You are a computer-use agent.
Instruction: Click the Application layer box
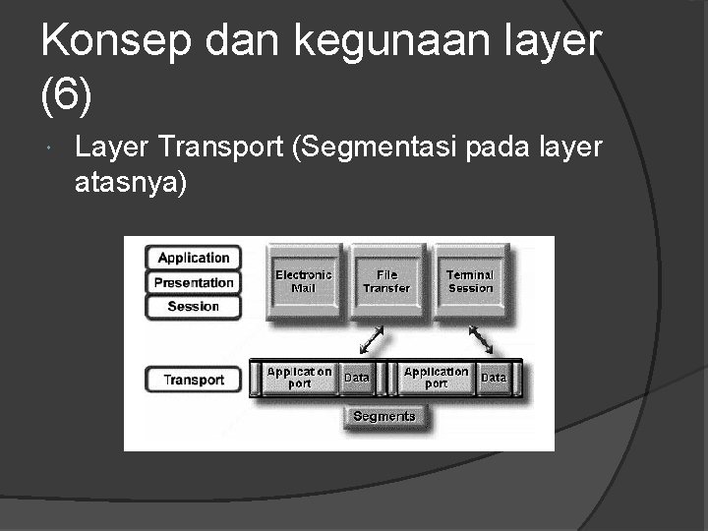(194, 258)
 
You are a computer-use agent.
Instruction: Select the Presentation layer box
(194, 282)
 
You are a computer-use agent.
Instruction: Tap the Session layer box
(194, 306)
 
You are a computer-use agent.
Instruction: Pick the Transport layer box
(194, 380)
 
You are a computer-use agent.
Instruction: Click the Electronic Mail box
(303, 281)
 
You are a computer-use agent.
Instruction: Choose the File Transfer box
(386, 281)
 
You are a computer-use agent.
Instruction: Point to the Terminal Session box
(470, 281)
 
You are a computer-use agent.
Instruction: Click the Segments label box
(383, 416)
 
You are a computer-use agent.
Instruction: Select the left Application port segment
(299, 378)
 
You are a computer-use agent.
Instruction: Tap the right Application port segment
(436, 378)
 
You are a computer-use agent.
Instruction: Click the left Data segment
(357, 378)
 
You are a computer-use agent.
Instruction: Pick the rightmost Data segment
(494, 378)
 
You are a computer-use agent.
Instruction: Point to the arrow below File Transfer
(371, 340)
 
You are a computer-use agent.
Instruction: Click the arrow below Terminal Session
(482, 340)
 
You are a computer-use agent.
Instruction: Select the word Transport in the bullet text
(221, 147)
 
